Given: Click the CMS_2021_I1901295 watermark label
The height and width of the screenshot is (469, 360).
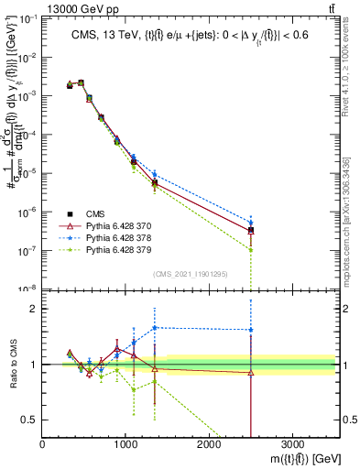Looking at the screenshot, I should [190, 274].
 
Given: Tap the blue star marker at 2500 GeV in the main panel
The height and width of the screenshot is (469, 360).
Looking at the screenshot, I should [251, 222].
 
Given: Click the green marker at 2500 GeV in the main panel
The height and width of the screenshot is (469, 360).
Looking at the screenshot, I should [251, 249].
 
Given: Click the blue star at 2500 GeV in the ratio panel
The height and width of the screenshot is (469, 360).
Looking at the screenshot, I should [251, 330].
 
